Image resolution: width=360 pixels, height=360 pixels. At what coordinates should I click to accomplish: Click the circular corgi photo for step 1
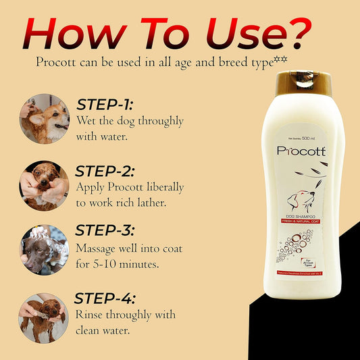(x=45, y=119)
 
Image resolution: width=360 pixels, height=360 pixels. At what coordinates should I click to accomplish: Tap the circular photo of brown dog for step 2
(x=45, y=184)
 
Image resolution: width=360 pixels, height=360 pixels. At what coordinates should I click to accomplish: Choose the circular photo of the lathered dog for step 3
(x=45, y=249)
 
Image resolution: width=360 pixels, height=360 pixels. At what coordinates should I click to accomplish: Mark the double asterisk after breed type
(x=282, y=60)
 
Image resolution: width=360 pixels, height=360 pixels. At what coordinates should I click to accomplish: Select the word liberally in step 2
(x=156, y=186)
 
